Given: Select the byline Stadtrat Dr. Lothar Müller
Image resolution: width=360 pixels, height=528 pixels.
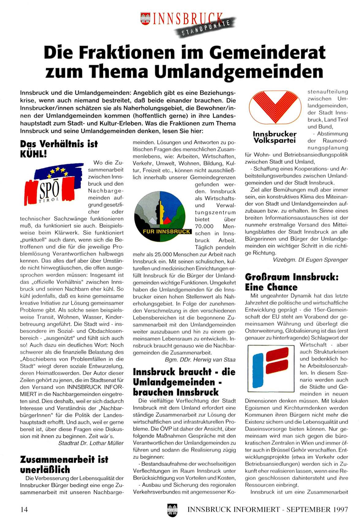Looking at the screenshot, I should click(x=91, y=443).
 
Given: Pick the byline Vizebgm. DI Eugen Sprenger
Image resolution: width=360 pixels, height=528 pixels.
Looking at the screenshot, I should click(x=310, y=260).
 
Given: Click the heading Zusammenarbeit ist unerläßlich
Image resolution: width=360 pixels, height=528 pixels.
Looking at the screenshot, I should click(x=64, y=465).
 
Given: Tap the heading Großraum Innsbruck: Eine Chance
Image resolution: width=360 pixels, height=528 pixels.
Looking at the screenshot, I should click(x=291, y=282).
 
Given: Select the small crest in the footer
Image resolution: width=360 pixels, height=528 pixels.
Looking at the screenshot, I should click(x=172, y=510).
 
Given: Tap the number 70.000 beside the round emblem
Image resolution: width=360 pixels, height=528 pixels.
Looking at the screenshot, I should click(x=204, y=226).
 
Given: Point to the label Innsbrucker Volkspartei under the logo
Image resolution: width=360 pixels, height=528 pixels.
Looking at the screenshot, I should click(x=275, y=137).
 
